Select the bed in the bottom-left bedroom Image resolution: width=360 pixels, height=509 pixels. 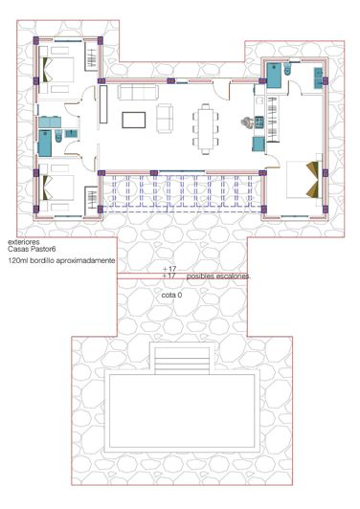pyautogui.click(x=59, y=185)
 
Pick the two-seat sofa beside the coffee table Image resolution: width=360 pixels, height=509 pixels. pyautogui.click(x=165, y=119)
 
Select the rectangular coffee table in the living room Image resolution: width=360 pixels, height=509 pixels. pyautogui.click(x=135, y=120)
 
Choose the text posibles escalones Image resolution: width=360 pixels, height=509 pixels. pyautogui.click(x=218, y=277)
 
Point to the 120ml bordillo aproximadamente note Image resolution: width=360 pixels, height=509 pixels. pyautogui.click(x=61, y=260)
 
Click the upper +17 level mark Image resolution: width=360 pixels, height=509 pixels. pyautogui.click(x=170, y=269)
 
